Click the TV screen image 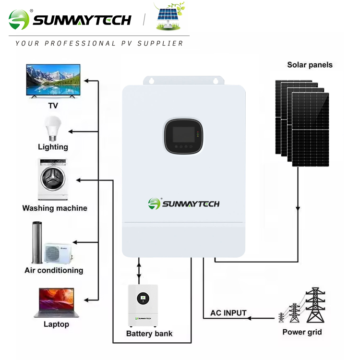53,81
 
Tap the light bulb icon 52,128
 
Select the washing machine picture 52,179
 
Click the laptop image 54,302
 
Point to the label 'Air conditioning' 54,270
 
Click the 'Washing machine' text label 55,208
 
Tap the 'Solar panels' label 310,65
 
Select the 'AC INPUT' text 228,313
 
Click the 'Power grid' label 302,332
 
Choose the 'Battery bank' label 149,333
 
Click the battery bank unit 143,305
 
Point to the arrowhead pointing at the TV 87,81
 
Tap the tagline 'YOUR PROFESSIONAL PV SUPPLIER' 99,43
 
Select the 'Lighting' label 53,147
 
